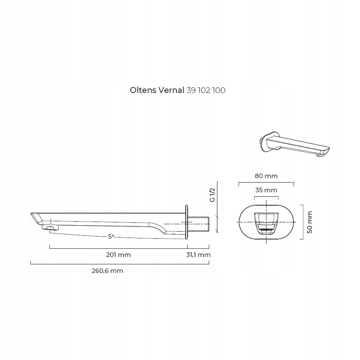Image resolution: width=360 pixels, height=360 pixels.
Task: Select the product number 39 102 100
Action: tap(206, 90)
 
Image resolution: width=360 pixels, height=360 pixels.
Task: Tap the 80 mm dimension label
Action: tap(266, 176)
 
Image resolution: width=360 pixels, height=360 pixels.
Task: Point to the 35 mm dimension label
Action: tap(266, 190)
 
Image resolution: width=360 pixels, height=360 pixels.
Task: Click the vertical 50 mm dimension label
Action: tap(310, 222)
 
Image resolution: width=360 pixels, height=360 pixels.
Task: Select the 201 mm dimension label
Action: tap(118, 255)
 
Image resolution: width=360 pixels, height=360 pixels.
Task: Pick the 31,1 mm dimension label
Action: tap(198, 255)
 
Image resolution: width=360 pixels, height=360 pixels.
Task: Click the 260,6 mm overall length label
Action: tap(107, 271)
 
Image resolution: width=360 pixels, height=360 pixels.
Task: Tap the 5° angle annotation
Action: tap(111, 237)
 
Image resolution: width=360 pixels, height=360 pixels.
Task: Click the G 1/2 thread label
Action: tap(212, 195)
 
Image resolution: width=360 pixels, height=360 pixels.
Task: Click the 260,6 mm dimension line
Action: tap(120, 264)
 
